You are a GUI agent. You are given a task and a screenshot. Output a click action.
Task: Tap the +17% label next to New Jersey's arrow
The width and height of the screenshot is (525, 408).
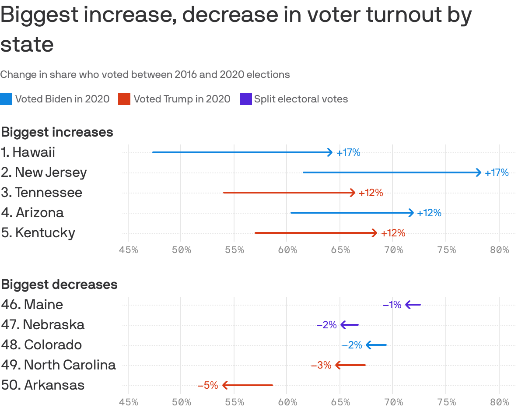click(x=497, y=173)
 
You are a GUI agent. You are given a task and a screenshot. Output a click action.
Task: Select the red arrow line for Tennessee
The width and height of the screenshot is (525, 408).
click(x=289, y=193)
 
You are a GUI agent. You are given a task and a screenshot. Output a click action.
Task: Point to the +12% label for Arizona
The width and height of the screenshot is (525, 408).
click(x=429, y=213)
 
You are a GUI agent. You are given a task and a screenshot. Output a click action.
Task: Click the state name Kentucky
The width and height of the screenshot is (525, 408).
click(x=45, y=232)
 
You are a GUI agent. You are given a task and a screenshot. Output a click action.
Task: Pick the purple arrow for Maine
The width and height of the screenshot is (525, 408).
click(x=413, y=305)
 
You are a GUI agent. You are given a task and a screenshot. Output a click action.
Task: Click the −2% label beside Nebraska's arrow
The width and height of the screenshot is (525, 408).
click(x=326, y=325)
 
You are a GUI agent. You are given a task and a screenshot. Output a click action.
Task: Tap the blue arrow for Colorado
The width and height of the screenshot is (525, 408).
click(x=376, y=345)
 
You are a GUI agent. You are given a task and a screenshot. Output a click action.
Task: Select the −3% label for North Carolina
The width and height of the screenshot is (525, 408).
click(x=321, y=365)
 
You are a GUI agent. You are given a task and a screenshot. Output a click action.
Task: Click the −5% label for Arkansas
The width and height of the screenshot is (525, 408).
click(x=207, y=385)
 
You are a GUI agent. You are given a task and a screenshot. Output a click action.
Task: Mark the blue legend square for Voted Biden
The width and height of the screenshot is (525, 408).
click(x=6, y=99)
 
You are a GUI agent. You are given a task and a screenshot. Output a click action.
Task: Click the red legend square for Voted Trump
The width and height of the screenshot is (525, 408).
click(x=124, y=99)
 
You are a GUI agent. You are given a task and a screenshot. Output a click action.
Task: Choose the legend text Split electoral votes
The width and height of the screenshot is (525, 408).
click(x=301, y=99)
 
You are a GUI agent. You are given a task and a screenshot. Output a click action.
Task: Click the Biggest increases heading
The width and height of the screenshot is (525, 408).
click(x=57, y=132)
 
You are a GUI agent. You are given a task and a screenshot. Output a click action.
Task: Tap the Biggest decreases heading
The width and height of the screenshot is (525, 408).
click(x=59, y=285)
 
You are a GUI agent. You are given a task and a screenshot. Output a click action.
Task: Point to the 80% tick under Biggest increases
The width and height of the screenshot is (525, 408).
click(x=499, y=250)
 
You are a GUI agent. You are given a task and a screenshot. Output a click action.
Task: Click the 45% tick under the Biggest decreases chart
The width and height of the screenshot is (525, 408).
click(x=128, y=402)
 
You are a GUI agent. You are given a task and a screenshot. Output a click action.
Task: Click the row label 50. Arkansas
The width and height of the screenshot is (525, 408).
click(x=43, y=385)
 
